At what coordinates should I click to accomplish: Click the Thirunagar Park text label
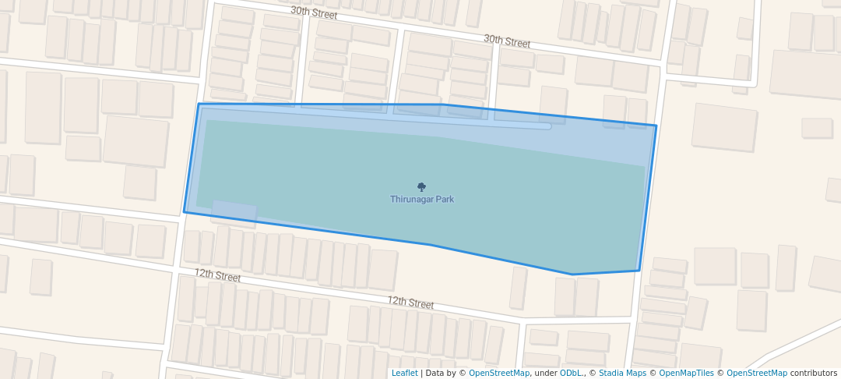pyautogui.click(x=422, y=200)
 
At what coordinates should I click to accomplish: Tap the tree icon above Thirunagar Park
pyautogui.click(x=422, y=187)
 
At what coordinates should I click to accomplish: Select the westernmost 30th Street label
pyautogui.click(x=314, y=12)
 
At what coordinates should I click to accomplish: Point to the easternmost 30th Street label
pyautogui.click(x=507, y=41)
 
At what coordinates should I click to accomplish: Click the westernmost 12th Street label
pyautogui.click(x=218, y=275)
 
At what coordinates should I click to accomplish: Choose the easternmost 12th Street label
pyautogui.click(x=410, y=303)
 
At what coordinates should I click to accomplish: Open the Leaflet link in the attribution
pyautogui.click(x=404, y=373)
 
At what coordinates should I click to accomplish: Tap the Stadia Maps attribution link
pyautogui.click(x=622, y=373)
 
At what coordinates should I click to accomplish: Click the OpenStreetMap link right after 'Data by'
pyautogui.click(x=498, y=373)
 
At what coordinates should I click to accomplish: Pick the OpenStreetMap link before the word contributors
pyautogui.click(x=756, y=373)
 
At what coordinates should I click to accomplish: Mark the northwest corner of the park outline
pyautogui.click(x=199, y=104)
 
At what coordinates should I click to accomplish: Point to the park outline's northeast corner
pyautogui.click(x=656, y=126)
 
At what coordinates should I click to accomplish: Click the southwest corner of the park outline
pyautogui.click(x=185, y=211)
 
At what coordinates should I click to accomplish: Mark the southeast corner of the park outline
pyautogui.click(x=639, y=271)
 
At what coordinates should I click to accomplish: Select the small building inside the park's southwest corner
pyautogui.click(x=234, y=211)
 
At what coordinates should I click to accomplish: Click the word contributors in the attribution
pyautogui.click(x=814, y=373)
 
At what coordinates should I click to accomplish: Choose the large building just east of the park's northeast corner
pyautogui.click(x=724, y=127)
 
